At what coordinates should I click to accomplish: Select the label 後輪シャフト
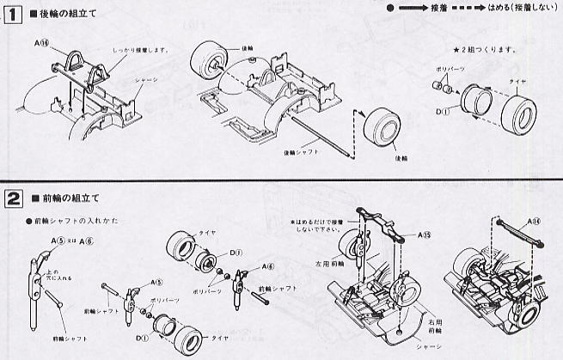coord(301,151)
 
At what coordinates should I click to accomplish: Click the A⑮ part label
coord(425,234)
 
